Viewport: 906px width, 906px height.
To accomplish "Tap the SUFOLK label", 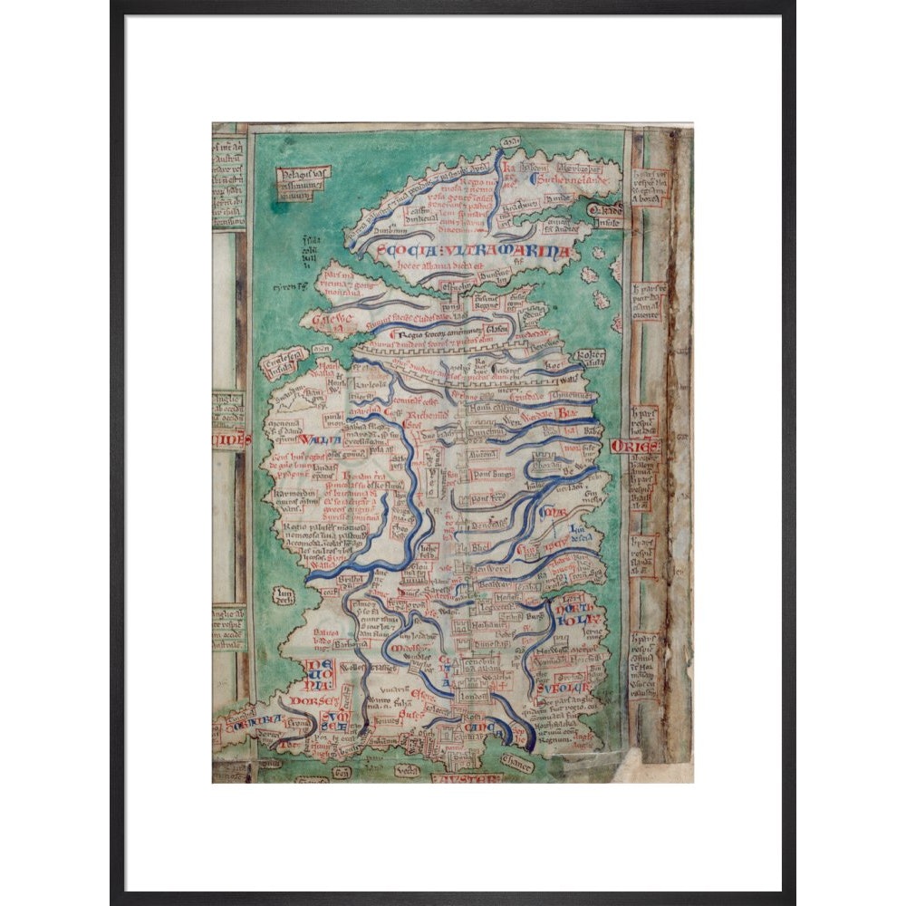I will pyautogui.click(x=556, y=689).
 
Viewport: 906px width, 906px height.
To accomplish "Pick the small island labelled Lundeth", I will pyautogui.click(x=285, y=595).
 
